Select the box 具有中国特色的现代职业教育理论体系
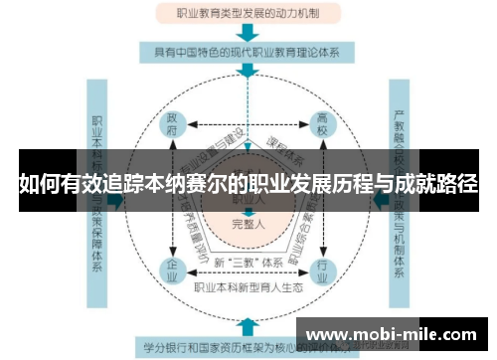tap(248, 53)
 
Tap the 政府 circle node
tap(173, 126)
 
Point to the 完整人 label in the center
tap(248, 224)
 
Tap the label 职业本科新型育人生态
tap(248, 287)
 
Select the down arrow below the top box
tap(248, 32)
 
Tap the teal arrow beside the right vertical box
tap(380, 199)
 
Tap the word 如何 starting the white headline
tap(37, 185)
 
